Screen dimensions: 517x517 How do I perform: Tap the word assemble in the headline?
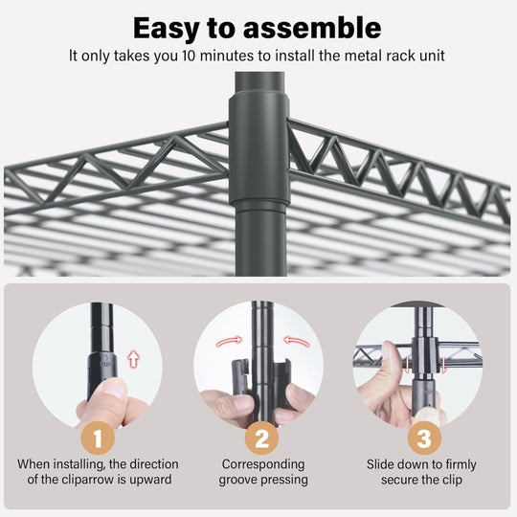[312, 28]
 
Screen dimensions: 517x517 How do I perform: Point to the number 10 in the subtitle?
[190, 56]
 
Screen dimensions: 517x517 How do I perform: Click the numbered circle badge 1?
[98, 438]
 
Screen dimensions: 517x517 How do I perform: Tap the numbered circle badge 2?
[261, 438]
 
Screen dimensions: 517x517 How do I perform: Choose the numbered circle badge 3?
[424, 438]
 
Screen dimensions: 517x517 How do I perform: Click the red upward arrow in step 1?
[133, 359]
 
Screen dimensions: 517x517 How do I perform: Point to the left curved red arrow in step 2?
[229, 341]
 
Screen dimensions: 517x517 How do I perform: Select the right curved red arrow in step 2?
[297, 341]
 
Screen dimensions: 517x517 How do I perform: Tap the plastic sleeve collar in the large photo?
[258, 147]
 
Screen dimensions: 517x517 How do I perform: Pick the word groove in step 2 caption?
[239, 480]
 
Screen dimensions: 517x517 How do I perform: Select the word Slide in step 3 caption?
[380, 464]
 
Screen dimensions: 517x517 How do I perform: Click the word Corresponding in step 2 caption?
[263, 464]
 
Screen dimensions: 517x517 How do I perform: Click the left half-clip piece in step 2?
[241, 377]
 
